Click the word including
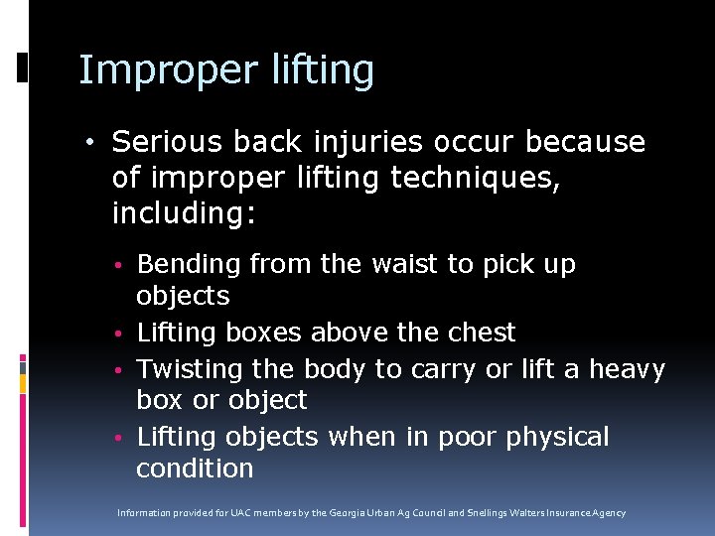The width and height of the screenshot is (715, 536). (185, 213)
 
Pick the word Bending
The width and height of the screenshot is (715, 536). (189, 265)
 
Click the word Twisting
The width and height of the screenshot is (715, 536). (190, 369)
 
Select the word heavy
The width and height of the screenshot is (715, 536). (628, 369)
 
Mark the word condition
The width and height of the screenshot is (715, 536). (195, 469)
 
